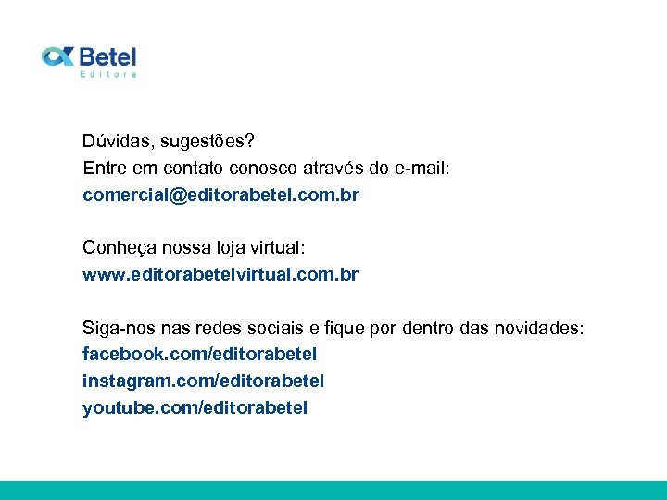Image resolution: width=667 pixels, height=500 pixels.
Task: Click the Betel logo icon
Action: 57,56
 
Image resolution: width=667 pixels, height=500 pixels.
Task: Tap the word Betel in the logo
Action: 107,56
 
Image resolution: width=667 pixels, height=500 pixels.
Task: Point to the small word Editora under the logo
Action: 108,74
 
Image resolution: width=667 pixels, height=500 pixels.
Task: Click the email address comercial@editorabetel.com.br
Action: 220,195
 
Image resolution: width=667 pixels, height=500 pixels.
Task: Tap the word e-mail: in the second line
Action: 421,169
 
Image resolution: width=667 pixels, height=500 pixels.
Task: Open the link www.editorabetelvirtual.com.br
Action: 220,275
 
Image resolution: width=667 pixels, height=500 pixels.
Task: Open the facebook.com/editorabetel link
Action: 199,355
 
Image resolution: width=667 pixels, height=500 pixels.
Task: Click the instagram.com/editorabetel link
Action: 203,381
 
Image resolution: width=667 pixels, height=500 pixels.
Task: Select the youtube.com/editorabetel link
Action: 195,407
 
